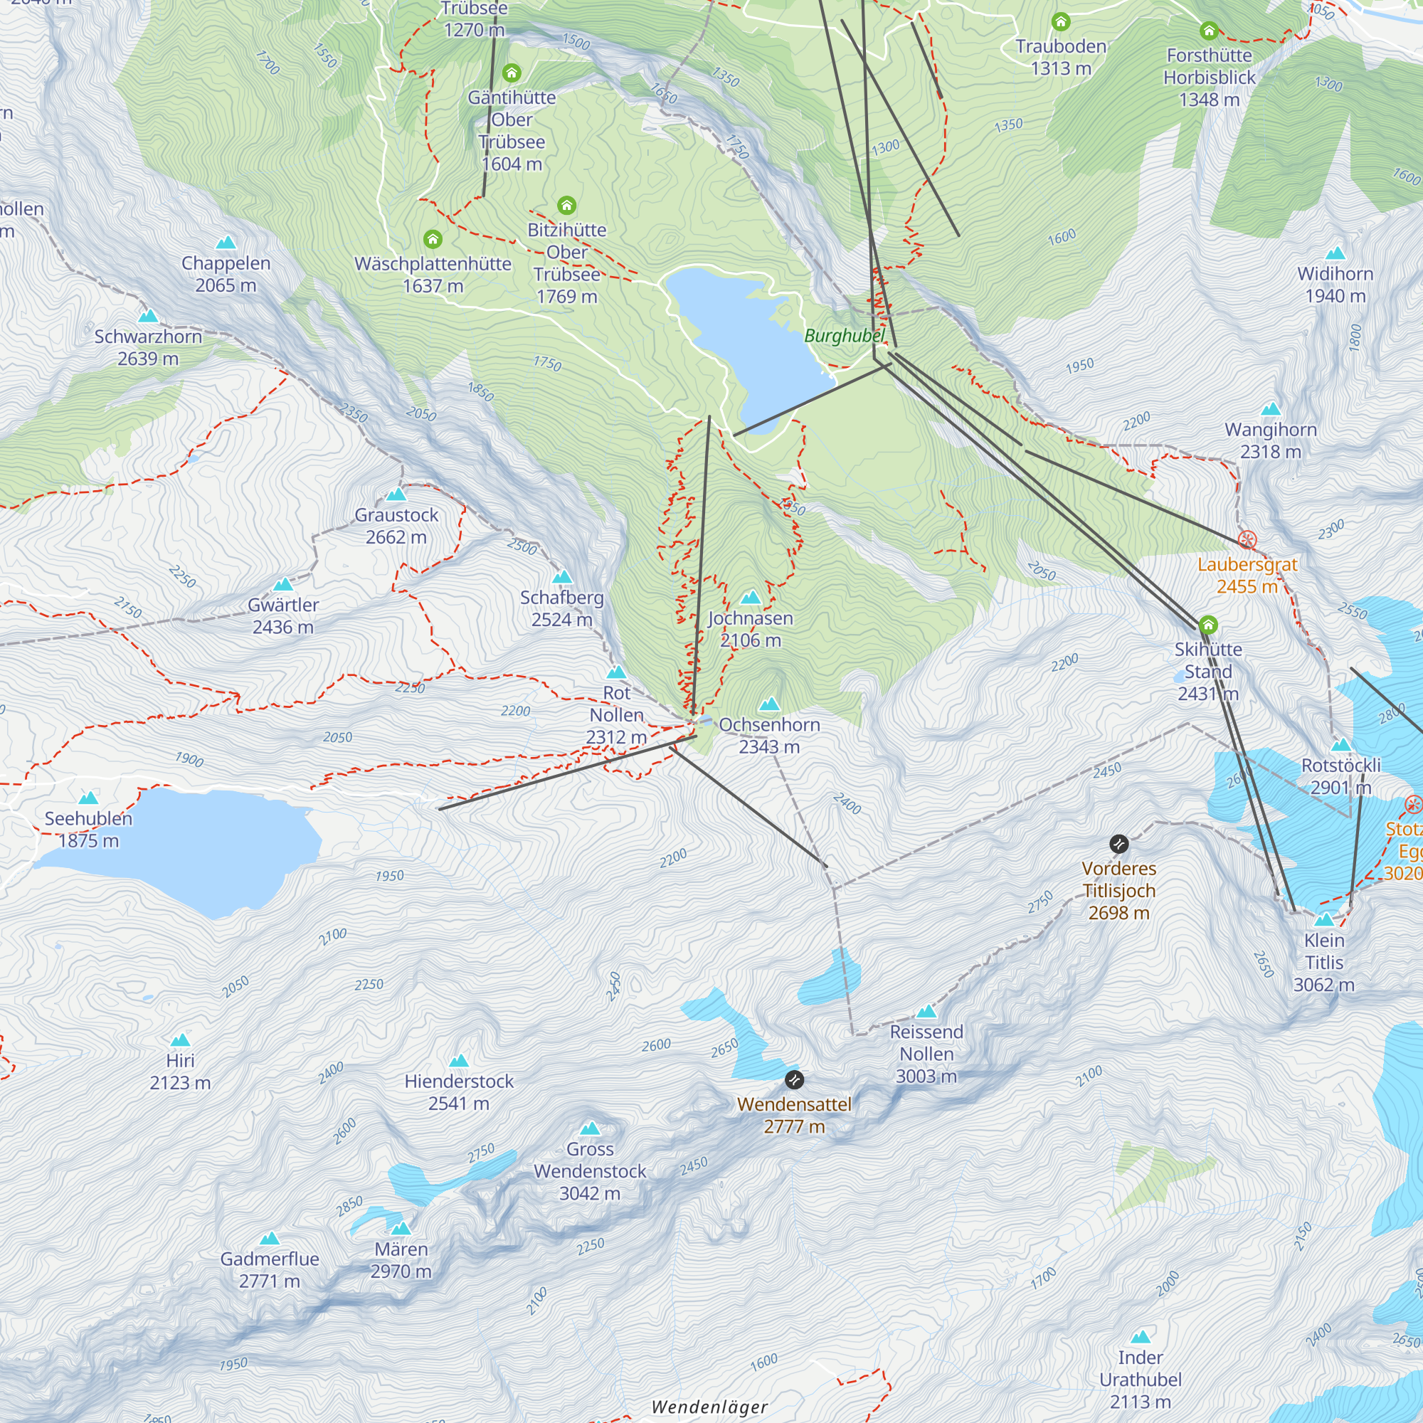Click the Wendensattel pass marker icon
794,1080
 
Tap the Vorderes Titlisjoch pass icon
1118,844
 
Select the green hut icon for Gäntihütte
511,73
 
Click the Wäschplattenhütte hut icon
433,239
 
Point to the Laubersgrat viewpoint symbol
1247,540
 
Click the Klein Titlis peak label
1323,962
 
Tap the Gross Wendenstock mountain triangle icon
589,1129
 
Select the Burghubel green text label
844,336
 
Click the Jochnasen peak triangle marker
750,598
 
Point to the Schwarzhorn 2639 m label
148,347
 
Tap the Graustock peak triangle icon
396,494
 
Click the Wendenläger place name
709,1407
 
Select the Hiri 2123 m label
180,1071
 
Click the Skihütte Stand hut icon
1208,626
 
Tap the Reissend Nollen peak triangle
926,1012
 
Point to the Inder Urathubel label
1140,1379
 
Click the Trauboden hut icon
1061,21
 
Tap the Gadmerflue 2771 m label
270,1270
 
